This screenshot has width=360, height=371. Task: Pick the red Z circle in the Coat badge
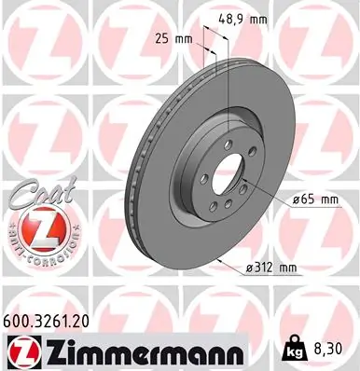[x=35, y=227]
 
